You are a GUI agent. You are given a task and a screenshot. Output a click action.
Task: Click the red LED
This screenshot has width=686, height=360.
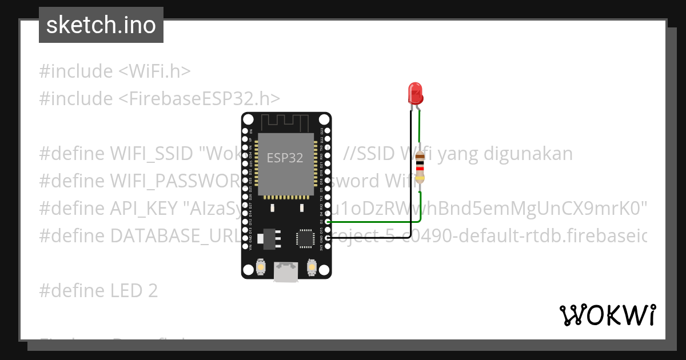tap(415, 93)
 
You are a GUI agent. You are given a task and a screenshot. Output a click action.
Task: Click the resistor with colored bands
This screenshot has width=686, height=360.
tap(420, 166)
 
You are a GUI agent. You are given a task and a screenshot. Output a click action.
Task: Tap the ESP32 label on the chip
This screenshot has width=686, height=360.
tap(285, 158)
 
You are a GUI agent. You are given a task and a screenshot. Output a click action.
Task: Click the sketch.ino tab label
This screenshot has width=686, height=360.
tap(101, 25)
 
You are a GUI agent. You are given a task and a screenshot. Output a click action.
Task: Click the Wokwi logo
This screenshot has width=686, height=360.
tap(607, 315)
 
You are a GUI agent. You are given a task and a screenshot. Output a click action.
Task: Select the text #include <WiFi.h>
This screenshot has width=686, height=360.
tap(115, 71)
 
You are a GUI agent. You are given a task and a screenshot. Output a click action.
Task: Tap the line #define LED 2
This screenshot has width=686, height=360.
tap(98, 291)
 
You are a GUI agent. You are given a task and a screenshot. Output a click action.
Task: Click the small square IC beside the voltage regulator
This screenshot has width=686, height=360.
tap(304, 238)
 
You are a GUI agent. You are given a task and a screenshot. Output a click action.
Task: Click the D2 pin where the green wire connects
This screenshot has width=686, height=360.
tap(327, 222)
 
